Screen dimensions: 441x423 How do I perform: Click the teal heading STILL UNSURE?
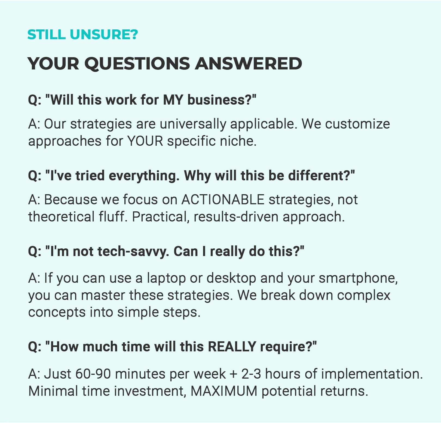click(83, 35)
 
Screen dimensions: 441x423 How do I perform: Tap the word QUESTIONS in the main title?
click(137, 64)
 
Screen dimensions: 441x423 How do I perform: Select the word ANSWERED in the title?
click(249, 63)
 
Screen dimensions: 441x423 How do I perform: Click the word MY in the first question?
click(173, 100)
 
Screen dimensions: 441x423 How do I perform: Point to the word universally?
click(193, 124)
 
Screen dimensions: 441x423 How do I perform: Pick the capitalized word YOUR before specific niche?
click(145, 141)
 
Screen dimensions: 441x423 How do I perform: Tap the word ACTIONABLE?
click(223, 200)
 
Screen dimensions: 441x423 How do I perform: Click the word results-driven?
click(236, 217)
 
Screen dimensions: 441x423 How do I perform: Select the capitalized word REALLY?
click(232, 347)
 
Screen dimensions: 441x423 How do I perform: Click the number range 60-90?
click(93, 374)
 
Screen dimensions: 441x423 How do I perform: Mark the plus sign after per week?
click(234, 375)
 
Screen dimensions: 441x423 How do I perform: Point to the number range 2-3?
click(251, 374)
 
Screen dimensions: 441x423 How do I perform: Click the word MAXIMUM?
click(224, 391)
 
